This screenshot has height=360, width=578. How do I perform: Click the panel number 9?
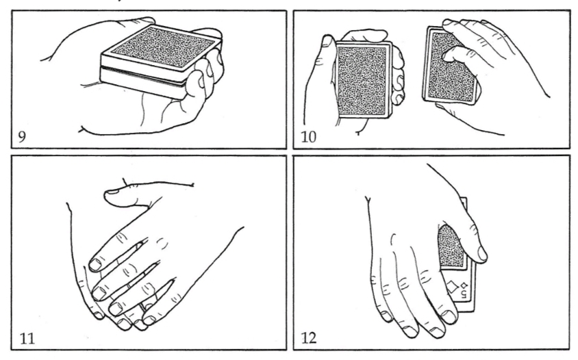pos(22,137)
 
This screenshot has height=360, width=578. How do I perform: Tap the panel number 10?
pos(309,137)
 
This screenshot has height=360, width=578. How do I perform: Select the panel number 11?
pos(27,338)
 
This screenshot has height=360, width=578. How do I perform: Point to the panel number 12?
pos(309,338)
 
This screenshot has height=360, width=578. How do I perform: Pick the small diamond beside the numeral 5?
pos(464,285)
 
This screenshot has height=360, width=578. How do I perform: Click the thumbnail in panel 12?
pos(482,253)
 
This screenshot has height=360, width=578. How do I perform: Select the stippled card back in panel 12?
pos(452,247)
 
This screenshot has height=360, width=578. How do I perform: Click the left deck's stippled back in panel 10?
pos(362,79)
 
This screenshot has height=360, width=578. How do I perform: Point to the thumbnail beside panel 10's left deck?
pos(327,41)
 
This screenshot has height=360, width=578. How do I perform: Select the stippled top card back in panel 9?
pos(163,47)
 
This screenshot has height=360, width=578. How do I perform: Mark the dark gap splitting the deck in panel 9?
pos(142,76)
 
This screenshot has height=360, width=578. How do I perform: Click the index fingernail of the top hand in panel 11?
pos(95,264)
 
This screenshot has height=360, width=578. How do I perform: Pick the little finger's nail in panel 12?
pos(386,316)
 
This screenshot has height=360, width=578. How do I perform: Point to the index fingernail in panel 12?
pos(449,316)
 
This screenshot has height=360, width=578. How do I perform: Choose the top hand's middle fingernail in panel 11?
pos(98,294)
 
